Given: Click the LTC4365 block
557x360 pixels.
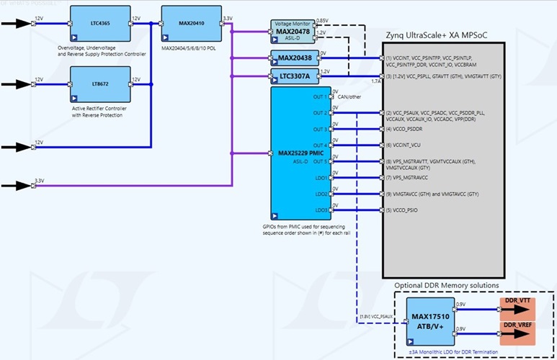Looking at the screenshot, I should pyautogui.click(x=100, y=23).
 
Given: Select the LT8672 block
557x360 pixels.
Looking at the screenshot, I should pyautogui.click(x=100, y=84).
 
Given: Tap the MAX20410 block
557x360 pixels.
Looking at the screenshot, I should pyautogui.click(x=191, y=23).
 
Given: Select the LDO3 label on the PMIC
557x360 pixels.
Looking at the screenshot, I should pyautogui.click(x=321, y=210).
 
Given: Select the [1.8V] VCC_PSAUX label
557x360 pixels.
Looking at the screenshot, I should pyautogui.click(x=376, y=315).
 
